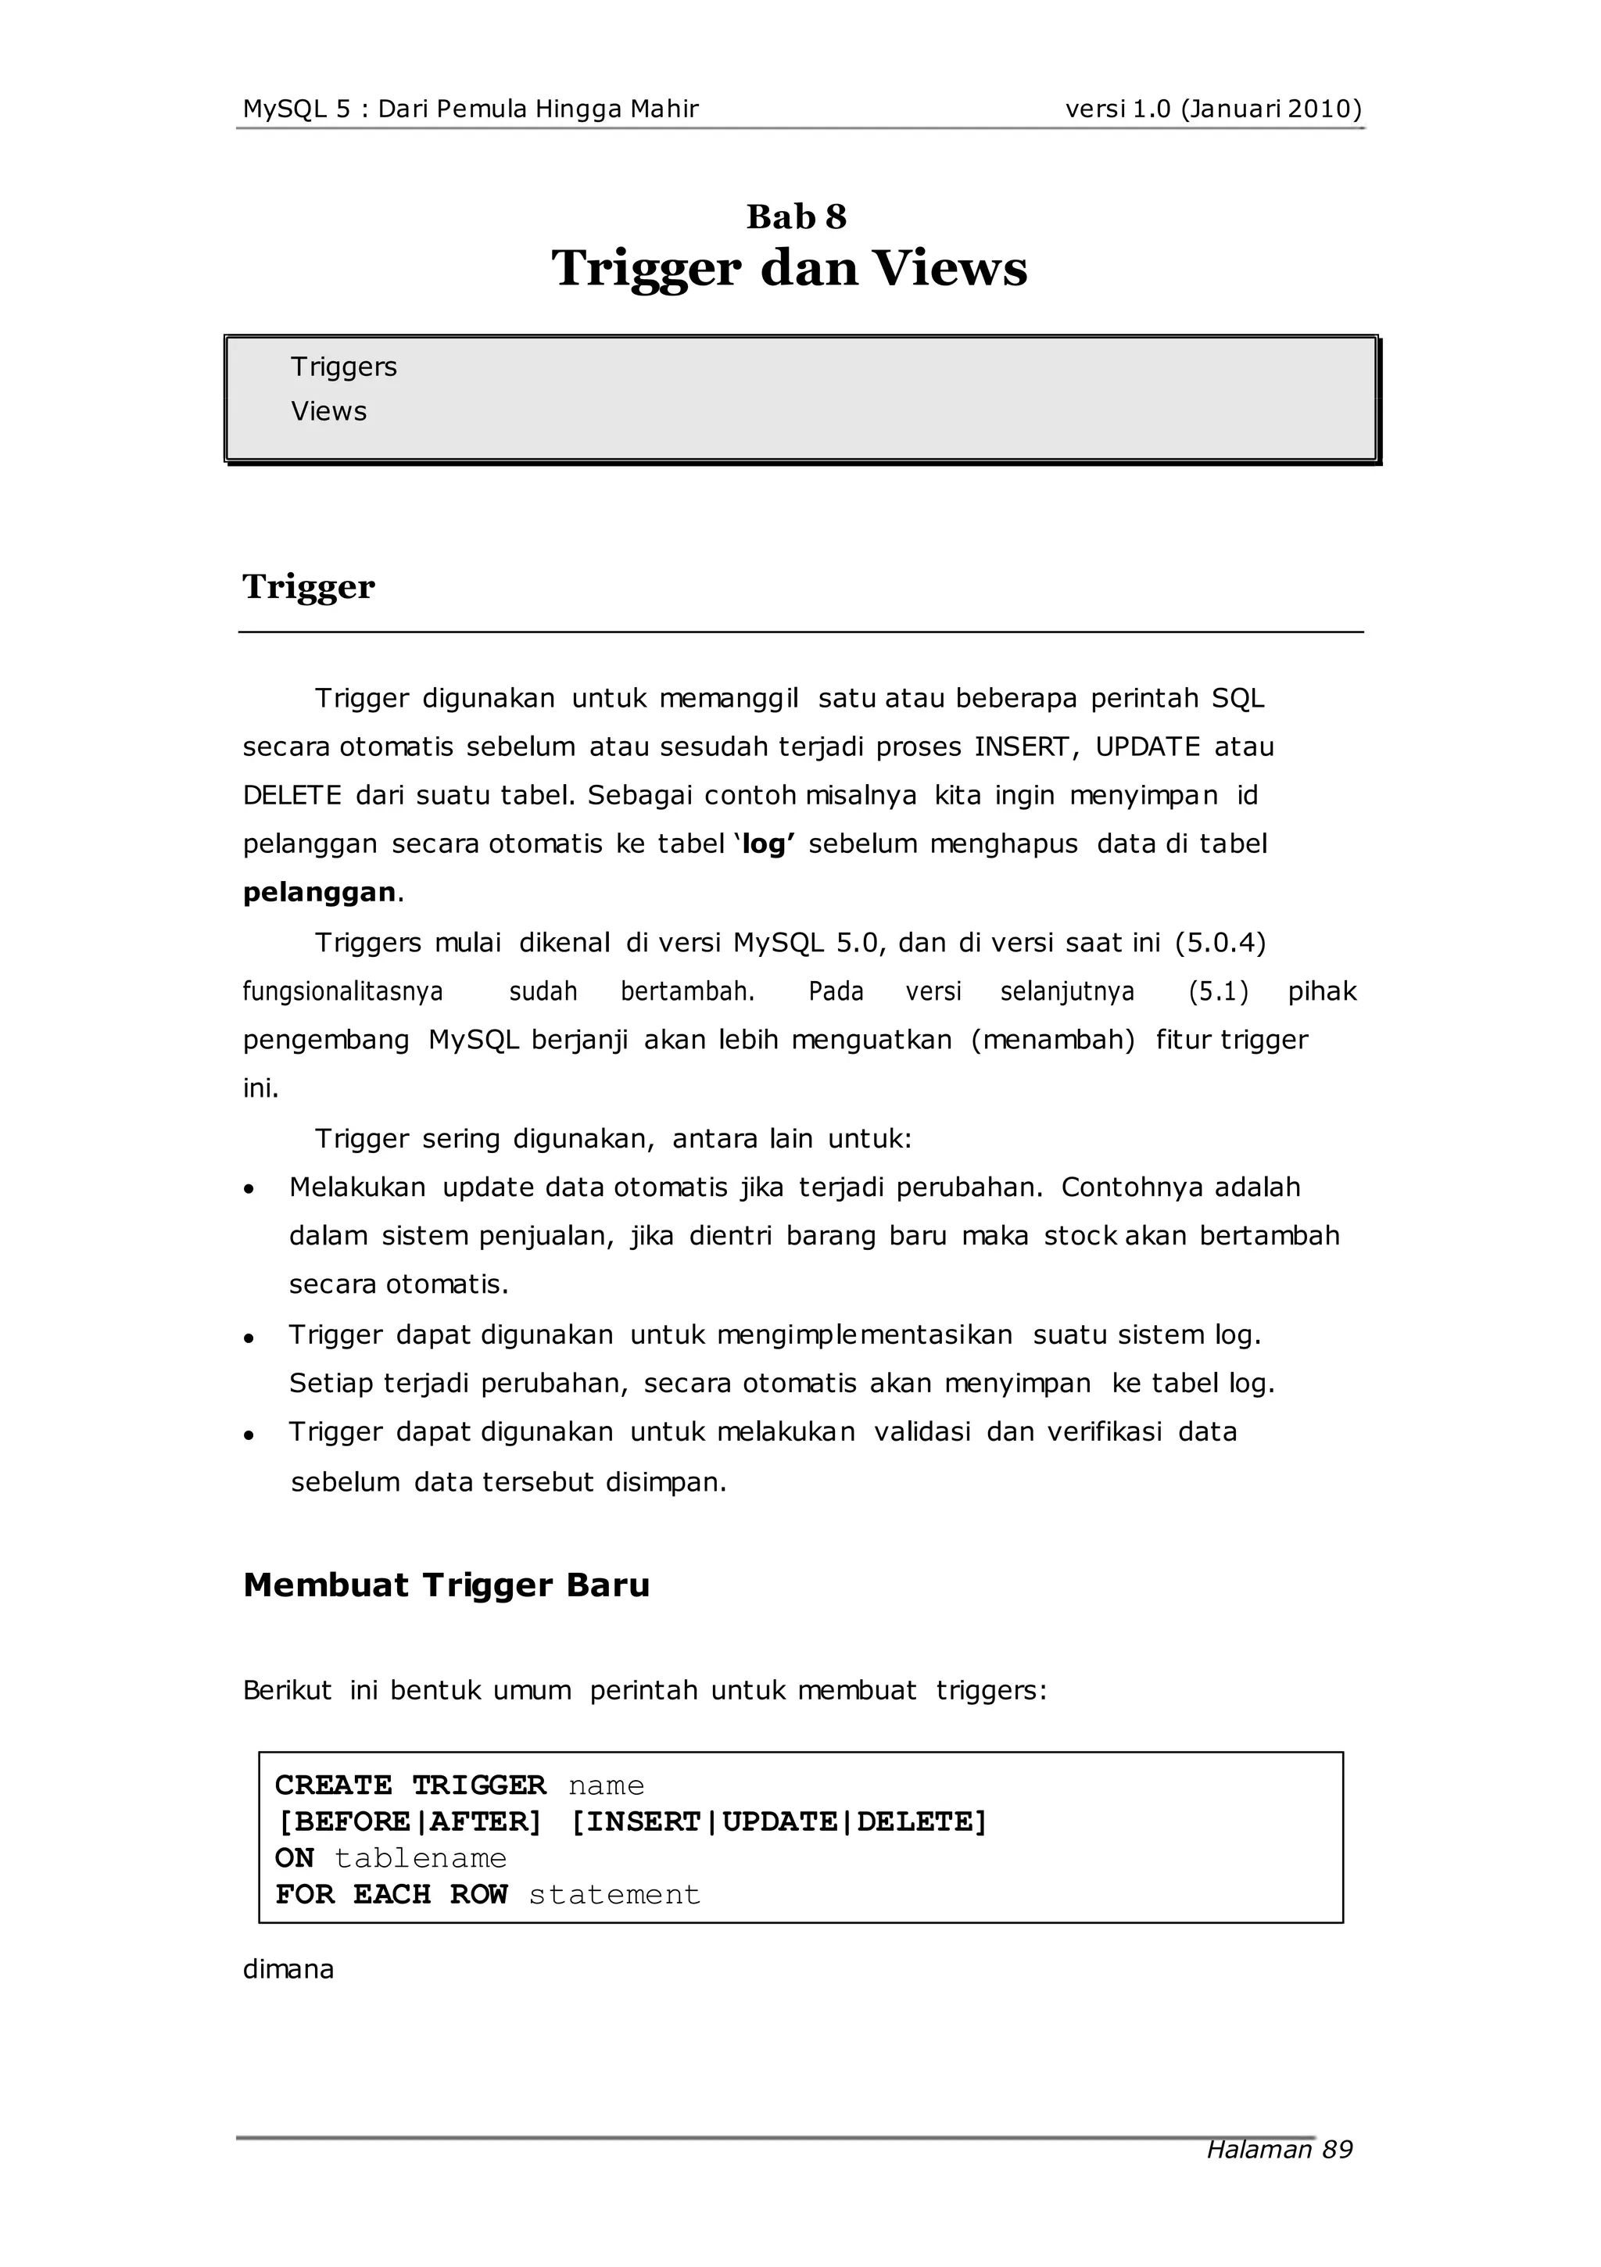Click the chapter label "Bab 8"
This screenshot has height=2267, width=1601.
point(796,217)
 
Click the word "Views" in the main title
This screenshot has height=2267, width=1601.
point(949,269)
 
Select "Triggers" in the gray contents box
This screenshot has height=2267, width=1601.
point(344,367)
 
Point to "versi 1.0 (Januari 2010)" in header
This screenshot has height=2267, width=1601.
point(1212,109)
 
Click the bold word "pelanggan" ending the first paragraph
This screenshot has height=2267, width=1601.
point(319,892)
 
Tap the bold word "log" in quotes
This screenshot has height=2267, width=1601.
point(764,843)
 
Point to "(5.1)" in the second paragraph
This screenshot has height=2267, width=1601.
point(1218,990)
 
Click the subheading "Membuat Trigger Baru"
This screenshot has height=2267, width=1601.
point(446,1585)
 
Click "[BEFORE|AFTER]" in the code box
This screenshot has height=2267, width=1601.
point(409,1821)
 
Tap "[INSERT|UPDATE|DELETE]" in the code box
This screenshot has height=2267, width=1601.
point(779,1821)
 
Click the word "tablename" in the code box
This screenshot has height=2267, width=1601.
point(420,1857)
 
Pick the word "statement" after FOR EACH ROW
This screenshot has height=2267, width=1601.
point(614,1894)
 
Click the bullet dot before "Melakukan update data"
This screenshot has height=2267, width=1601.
point(250,1190)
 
